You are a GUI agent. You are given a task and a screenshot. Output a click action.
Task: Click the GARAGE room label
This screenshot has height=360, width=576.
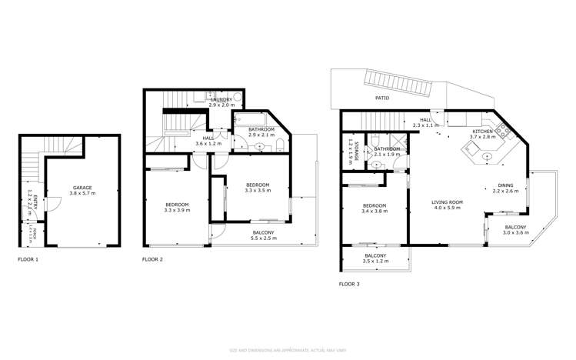[x=82, y=187]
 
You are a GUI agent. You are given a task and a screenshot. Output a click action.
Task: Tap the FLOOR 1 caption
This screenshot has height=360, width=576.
[x=28, y=260]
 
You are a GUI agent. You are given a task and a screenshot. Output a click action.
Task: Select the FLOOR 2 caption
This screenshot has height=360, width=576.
[x=152, y=260]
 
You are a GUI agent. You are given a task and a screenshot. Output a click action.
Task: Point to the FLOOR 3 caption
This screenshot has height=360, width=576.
[x=349, y=284]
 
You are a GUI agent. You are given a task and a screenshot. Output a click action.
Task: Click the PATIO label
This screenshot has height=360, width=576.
[x=382, y=98]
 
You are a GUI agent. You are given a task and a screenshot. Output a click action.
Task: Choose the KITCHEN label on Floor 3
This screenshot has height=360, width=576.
[x=482, y=132]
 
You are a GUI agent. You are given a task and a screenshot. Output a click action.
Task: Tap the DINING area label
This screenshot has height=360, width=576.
[x=505, y=185]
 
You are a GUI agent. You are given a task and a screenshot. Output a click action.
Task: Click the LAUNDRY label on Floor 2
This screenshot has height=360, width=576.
[x=220, y=98]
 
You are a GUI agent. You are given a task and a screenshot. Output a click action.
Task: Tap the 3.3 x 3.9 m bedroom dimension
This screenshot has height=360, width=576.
[x=176, y=210]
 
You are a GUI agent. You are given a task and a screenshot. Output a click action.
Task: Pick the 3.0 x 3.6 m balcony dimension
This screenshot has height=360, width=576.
[x=515, y=233]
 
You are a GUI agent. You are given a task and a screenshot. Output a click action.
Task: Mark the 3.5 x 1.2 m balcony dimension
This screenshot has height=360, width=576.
[x=375, y=262]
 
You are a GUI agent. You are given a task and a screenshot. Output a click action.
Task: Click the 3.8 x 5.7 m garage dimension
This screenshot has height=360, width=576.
[x=82, y=193]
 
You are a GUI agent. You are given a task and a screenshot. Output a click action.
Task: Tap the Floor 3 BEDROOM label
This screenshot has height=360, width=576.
[x=374, y=205]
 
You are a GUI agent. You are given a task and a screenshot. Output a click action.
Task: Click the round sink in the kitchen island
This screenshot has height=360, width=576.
[x=488, y=156]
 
